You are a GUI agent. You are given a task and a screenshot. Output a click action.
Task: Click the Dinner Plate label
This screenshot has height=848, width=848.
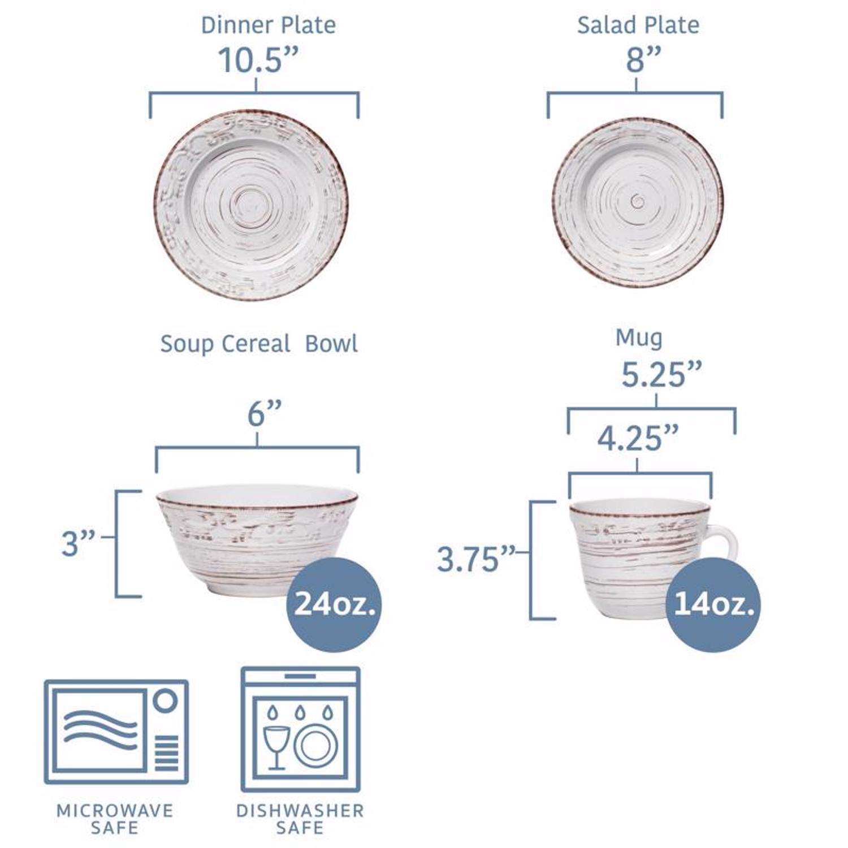point(269,25)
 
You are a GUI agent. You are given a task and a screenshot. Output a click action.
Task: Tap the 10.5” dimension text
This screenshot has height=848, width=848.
point(258,60)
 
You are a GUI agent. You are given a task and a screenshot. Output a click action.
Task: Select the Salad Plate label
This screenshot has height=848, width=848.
point(638,25)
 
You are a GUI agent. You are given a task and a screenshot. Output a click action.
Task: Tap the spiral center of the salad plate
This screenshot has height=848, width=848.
point(638,200)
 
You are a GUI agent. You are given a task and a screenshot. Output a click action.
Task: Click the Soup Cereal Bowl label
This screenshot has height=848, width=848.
point(259,344)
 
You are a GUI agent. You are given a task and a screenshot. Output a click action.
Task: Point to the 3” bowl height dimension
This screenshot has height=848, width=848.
point(78,543)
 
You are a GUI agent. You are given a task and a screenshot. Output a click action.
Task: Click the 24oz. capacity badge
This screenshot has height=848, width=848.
point(335,605)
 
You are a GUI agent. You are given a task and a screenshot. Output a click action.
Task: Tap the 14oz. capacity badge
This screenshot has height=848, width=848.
point(713,605)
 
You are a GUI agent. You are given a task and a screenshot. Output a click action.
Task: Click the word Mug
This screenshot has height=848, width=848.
point(639,338)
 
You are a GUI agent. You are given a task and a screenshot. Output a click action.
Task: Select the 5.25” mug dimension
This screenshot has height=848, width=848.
point(661,374)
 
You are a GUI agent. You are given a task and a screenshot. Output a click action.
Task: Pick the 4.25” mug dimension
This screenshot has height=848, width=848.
point(638,438)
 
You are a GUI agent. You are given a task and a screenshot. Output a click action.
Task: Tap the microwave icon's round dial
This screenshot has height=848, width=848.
point(166,702)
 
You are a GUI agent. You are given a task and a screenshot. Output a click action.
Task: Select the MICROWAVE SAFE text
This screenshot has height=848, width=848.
point(115,819)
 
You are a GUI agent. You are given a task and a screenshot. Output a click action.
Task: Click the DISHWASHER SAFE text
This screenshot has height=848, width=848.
point(300,819)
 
